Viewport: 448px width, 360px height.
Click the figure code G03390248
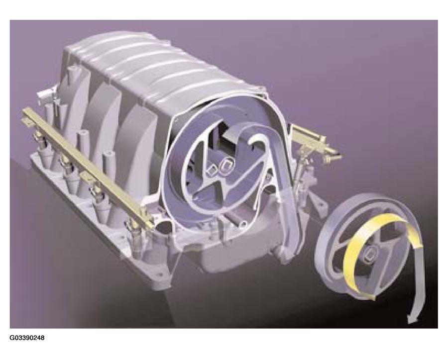click(x=27, y=338)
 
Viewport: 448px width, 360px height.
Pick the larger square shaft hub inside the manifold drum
click(x=226, y=167)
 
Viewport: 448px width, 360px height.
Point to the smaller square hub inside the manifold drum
click(x=213, y=170)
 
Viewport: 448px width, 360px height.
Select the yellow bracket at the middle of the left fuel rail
click(x=86, y=175)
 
